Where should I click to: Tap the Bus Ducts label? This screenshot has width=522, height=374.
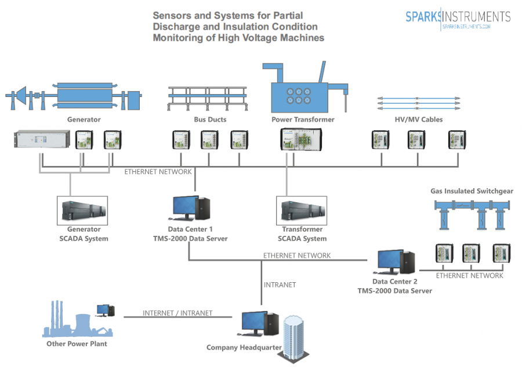tap(210, 120)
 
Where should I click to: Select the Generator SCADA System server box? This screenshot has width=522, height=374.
tap(84, 211)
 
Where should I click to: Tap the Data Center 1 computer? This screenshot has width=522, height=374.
tap(191, 208)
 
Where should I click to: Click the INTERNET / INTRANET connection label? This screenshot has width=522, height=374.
tap(177, 313)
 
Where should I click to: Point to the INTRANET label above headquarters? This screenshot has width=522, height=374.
tap(280, 285)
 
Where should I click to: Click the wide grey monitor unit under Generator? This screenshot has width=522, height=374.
tap(42, 139)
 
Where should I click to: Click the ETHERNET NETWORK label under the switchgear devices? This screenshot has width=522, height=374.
tap(469, 276)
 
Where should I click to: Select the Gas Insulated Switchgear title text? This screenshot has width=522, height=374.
tap(472, 191)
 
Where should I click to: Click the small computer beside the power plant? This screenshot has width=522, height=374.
tap(105, 311)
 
